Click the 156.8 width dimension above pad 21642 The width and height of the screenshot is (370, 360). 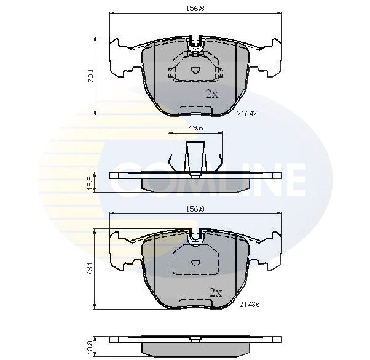tap(195, 8)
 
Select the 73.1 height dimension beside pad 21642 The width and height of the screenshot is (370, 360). tap(90, 76)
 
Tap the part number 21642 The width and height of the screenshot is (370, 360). tap(246, 114)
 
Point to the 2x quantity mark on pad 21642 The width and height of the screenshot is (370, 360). tap(211, 94)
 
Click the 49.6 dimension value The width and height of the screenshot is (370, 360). tap(195, 128)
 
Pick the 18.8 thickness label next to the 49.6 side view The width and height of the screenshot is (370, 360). tap(90, 183)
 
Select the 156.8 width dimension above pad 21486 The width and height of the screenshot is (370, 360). tap(195, 209)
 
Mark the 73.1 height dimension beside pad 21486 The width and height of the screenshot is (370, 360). tap(90, 270)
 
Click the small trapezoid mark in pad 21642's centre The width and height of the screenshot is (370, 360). tap(195, 70)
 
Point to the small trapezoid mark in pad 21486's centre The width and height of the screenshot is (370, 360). tap(195, 261)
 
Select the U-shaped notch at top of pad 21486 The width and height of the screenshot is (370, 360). tap(196, 236)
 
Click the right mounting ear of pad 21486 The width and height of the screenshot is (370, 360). tap(270, 249)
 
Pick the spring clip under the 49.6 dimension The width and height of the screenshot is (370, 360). tap(195, 160)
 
